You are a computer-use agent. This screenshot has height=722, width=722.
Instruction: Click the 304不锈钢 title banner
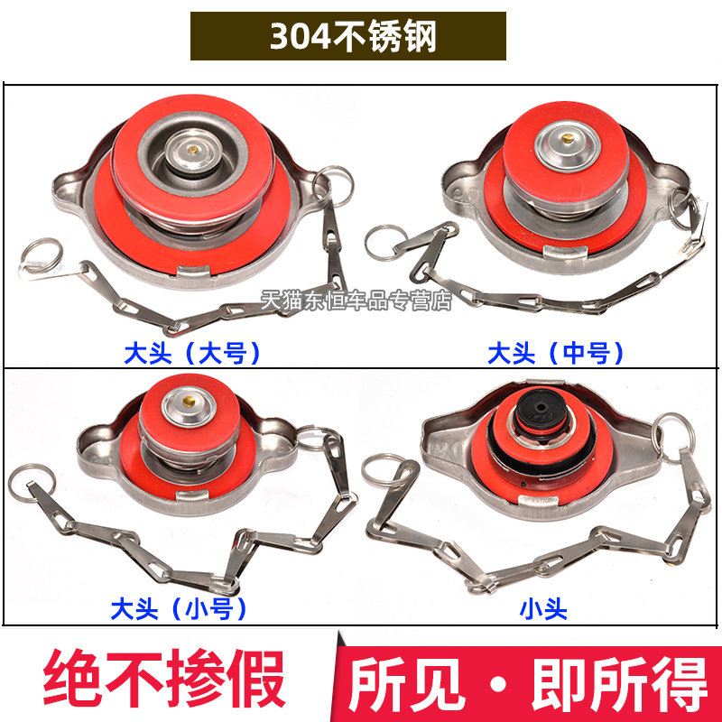347,37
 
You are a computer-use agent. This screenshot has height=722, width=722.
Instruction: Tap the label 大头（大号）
192,352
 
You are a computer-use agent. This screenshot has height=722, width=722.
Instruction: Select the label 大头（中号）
556,352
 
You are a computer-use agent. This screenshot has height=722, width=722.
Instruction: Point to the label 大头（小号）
179,609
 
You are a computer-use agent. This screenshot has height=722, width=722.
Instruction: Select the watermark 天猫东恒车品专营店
355,301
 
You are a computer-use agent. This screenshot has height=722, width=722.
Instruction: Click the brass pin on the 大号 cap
191,145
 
